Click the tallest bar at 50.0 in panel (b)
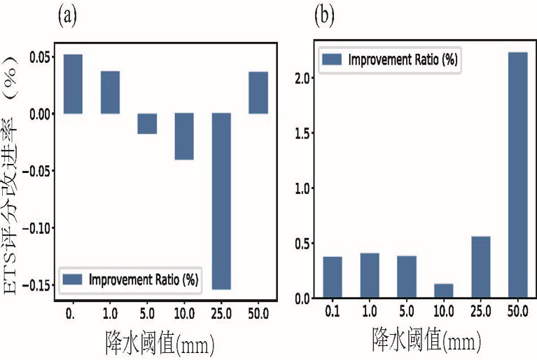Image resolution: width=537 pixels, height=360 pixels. point(518,174)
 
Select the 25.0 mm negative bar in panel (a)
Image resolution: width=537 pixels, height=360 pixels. point(221,201)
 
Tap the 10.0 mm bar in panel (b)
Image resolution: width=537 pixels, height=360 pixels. point(443,291)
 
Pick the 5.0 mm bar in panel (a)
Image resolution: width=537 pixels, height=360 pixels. point(147,123)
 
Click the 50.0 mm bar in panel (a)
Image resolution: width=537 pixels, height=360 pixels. point(258,92)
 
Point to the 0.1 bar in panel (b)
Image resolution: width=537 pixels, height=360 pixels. point(332,277)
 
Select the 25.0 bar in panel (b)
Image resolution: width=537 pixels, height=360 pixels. point(480,267)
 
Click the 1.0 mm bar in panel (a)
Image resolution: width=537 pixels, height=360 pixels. point(111,92)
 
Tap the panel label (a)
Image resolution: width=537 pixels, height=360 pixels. point(67,16)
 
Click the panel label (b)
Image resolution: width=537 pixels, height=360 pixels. point(324,16)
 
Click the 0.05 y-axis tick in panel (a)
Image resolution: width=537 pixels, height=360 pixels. point(41,57)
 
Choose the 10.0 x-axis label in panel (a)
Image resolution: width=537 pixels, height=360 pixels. point(184,313)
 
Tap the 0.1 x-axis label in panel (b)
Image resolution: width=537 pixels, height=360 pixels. point(332,312)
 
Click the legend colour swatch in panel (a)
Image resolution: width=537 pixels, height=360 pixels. point(72,279)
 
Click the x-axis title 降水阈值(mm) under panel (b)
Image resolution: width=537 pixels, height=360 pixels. point(426,339)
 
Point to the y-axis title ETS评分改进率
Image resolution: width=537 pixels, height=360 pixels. point(11,205)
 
